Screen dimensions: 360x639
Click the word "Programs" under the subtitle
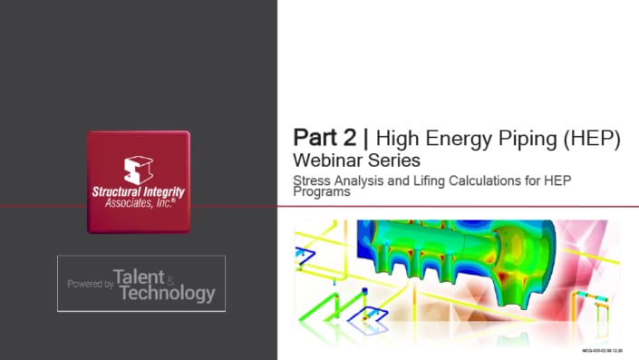pos(322,192)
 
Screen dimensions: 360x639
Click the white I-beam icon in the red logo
pos(138,170)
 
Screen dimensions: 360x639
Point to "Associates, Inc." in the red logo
pos(138,204)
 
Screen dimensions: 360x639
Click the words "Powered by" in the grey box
pos(90,284)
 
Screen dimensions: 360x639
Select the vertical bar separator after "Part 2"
pos(366,139)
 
